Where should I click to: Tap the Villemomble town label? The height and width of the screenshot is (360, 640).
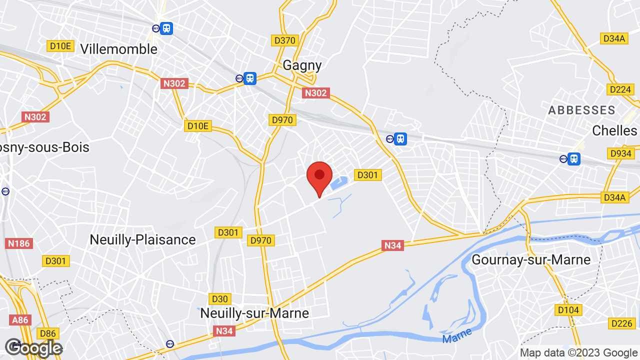pyautogui.click(x=118, y=49)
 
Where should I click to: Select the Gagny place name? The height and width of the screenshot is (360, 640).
pyautogui.click(x=302, y=65)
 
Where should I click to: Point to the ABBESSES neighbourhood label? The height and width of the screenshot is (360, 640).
pyautogui.click(x=581, y=110)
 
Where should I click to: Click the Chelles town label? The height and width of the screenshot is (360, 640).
pyautogui.click(x=614, y=130)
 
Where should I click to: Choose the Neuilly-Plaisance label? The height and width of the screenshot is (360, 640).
pyautogui.click(x=142, y=239)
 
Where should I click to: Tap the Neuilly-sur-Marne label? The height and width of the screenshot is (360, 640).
pyautogui.click(x=254, y=313)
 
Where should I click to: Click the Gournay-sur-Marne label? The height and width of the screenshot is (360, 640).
pyautogui.click(x=531, y=259)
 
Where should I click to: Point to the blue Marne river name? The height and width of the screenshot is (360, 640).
pyautogui.click(x=457, y=334)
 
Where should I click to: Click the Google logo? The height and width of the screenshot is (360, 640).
pyautogui.click(x=33, y=348)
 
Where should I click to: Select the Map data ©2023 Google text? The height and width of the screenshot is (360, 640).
pyautogui.click(x=578, y=352)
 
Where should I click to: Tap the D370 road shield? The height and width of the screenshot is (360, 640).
pyautogui.click(x=285, y=40)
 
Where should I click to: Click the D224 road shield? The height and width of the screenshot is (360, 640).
pyautogui.click(x=620, y=89)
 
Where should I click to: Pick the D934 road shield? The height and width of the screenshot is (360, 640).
pyautogui.click(x=620, y=153)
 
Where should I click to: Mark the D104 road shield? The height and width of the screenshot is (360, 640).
pyautogui.click(x=568, y=310)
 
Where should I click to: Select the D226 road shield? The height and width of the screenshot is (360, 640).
pyautogui.click(x=622, y=323)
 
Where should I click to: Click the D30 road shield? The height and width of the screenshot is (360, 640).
pyautogui.click(x=220, y=299)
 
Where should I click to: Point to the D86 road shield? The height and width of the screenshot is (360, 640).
pyautogui.click(x=48, y=333)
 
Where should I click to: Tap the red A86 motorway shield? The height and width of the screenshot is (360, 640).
pyautogui.click(x=20, y=320)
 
